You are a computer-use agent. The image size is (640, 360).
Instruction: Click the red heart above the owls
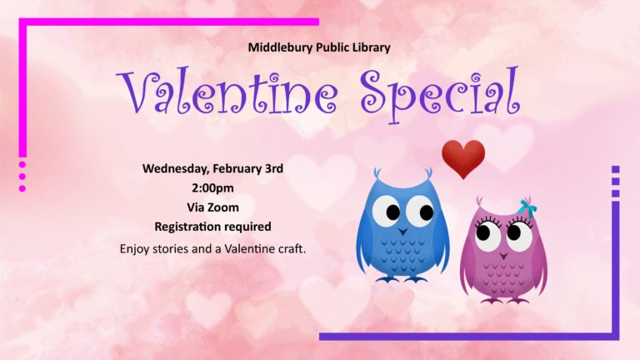[x=463, y=159]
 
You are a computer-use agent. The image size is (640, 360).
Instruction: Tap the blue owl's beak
[x=403, y=232]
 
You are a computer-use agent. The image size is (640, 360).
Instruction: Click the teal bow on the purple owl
[x=527, y=208]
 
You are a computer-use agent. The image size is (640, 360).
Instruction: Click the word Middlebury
[x=281, y=47]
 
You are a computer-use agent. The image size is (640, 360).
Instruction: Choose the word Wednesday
[x=176, y=168]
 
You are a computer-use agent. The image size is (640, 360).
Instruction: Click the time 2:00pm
[x=212, y=188]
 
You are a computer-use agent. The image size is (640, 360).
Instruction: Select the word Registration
[x=188, y=227]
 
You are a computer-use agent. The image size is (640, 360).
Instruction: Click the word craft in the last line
[x=292, y=248]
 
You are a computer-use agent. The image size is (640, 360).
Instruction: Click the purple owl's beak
[x=504, y=257]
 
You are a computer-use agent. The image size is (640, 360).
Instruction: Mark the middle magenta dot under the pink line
[x=22, y=177]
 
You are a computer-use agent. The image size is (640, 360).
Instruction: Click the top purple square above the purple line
[x=616, y=169]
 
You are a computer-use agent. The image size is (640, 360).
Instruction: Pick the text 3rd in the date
[x=274, y=168]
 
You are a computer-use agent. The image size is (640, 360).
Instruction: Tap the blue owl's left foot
[x=387, y=280]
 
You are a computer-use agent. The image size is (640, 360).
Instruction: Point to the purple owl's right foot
[x=518, y=301]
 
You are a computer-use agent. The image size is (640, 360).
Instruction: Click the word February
[x=237, y=169]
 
